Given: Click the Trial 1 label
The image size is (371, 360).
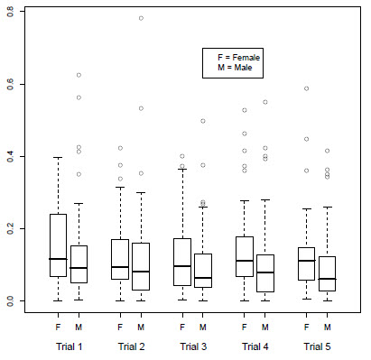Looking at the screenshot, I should pyautogui.click(x=69, y=346).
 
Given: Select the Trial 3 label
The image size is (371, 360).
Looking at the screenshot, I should pyautogui.click(x=192, y=346).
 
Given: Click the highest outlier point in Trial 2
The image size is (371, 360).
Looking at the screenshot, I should pyautogui.click(x=141, y=18).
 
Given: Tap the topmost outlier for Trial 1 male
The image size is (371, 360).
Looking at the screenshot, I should pyautogui.click(x=79, y=75).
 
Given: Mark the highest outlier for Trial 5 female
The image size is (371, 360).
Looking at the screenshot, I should pyautogui.click(x=306, y=88).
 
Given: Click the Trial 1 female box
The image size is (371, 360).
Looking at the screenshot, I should pyautogui.click(x=59, y=245).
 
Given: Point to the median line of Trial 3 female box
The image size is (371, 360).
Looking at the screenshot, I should pyautogui.click(x=182, y=266).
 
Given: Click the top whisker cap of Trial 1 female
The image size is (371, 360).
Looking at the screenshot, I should pyautogui.click(x=59, y=157).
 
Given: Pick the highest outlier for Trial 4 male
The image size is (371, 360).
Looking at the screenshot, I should pyautogui.click(x=264, y=102).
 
